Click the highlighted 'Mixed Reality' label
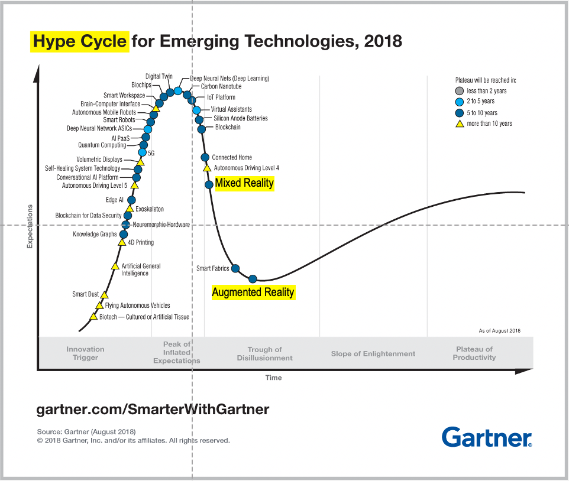[x=244, y=183]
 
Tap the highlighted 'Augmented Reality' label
[x=253, y=292]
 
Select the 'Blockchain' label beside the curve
[x=228, y=127]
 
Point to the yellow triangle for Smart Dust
[x=105, y=294]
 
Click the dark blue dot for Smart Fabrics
[x=235, y=269]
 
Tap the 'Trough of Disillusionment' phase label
[x=264, y=353]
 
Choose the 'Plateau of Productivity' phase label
[x=474, y=353]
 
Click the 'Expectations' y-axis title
[x=30, y=227]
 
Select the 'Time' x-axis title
[x=273, y=378]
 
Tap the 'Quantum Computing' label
[x=102, y=145]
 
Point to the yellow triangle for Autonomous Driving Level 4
[x=207, y=168]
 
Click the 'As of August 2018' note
[x=499, y=330]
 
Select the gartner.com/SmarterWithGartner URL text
[x=153, y=409]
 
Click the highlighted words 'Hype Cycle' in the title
[x=79, y=42]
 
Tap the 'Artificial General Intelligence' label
[x=141, y=269]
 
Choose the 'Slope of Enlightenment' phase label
[x=373, y=353]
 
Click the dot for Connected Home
[x=205, y=157]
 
